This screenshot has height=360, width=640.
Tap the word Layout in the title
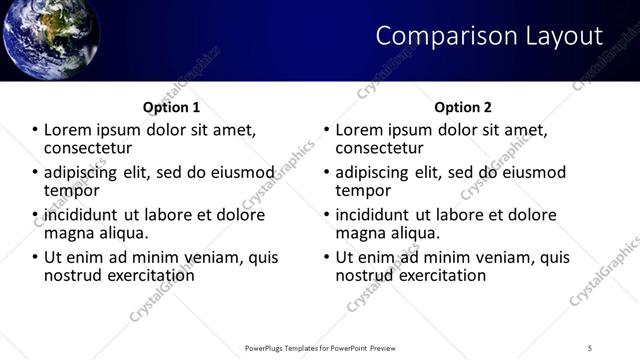(563, 36)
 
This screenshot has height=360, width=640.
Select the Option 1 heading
(173, 107)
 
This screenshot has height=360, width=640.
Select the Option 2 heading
(462, 107)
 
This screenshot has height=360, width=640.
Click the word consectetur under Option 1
(88, 148)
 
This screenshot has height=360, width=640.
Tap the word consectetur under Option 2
(380, 148)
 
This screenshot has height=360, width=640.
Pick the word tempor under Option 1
(72, 190)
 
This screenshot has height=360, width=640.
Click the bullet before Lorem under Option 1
(35, 131)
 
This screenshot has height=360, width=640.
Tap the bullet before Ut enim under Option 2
(327, 257)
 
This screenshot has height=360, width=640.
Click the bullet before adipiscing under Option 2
(327, 173)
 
